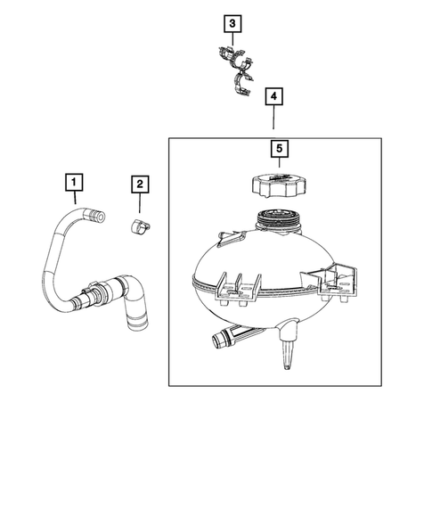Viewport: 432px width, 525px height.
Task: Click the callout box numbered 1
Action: [75, 184]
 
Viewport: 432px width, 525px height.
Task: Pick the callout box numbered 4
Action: [274, 94]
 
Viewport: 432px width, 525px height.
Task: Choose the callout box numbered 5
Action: [279, 150]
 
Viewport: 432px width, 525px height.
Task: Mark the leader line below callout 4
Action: [274, 119]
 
